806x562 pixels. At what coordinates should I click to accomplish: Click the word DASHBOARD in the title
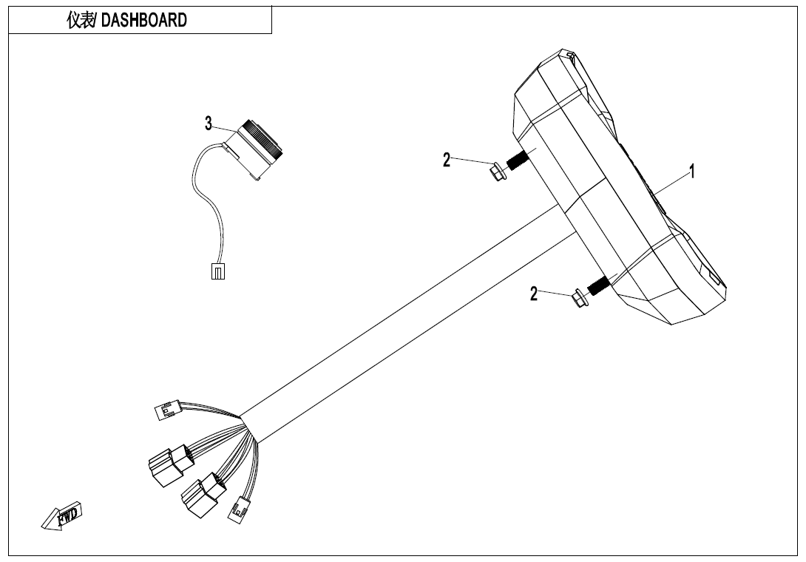pos(143,20)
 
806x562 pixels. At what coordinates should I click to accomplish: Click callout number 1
pos(691,172)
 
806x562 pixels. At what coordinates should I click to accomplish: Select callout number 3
pos(209,123)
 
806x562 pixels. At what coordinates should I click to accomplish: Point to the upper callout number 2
pos(447,160)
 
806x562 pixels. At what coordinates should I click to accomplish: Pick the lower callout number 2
pos(534,294)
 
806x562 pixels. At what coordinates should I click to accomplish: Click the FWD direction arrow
pos(63,515)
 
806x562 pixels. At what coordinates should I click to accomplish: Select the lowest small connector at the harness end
pos(239,510)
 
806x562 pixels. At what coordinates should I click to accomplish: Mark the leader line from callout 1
pos(669,186)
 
